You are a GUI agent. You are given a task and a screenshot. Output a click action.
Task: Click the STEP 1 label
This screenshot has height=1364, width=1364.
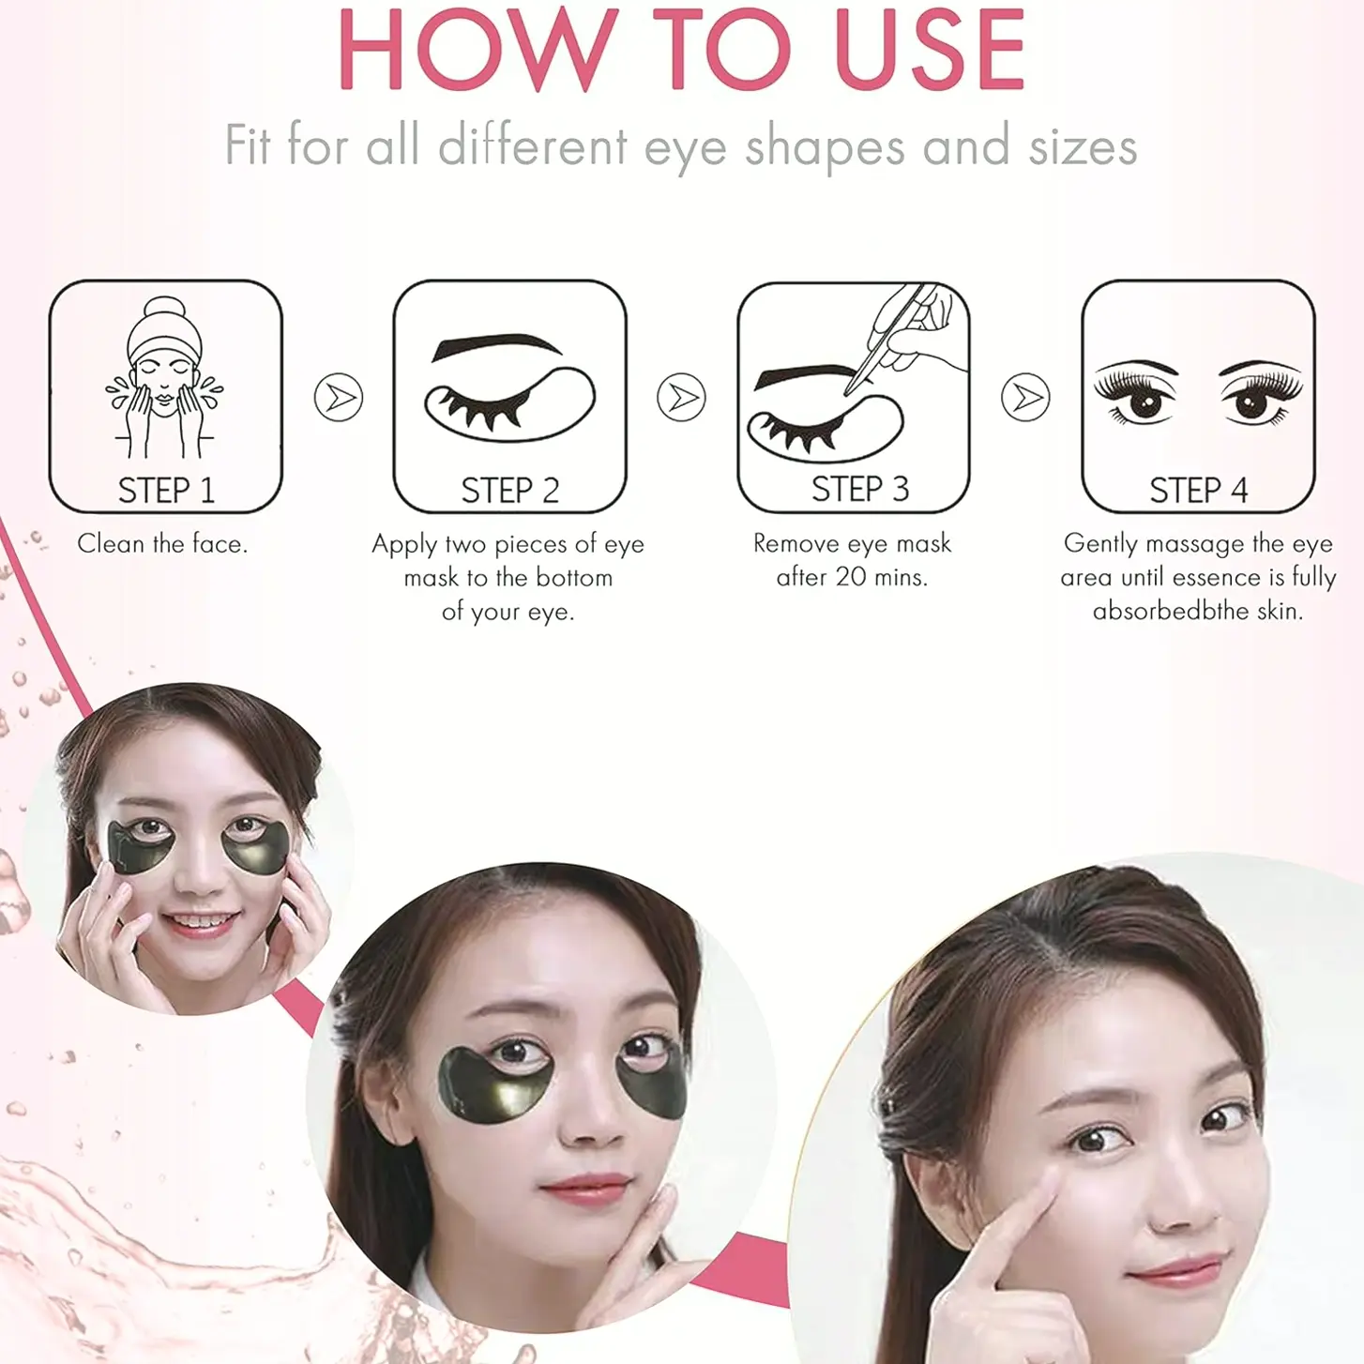point(166,490)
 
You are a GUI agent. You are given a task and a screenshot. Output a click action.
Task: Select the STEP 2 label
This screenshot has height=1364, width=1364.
point(509,490)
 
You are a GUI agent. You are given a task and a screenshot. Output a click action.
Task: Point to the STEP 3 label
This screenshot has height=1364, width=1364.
point(860,489)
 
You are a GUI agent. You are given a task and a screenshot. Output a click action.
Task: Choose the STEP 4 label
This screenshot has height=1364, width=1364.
point(1198,490)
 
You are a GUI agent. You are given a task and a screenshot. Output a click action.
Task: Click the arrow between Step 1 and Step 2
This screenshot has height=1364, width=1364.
point(339,397)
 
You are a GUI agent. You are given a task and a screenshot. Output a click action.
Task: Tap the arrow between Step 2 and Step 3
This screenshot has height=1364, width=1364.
point(682,397)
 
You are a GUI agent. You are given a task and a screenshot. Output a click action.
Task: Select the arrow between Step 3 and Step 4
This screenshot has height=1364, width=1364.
point(1025,397)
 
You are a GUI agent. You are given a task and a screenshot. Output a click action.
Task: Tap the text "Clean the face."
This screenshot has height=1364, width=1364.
point(163,543)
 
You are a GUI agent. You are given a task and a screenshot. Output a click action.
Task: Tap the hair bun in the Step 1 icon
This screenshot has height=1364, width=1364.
point(164,310)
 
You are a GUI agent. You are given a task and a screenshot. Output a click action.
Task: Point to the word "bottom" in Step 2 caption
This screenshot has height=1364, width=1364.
point(574,578)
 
